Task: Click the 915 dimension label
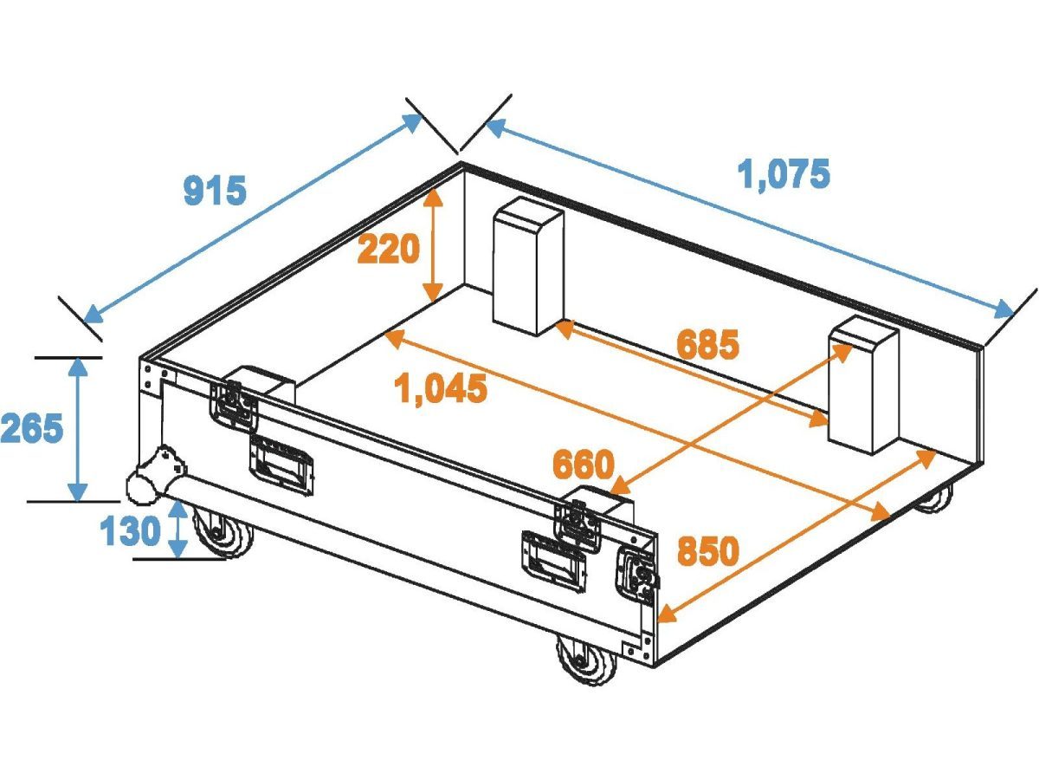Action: click(215, 190)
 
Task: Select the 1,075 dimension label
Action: click(784, 174)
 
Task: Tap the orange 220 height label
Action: click(389, 250)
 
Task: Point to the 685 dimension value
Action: click(708, 345)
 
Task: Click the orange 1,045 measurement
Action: click(441, 388)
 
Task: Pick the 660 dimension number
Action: click(583, 465)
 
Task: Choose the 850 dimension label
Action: click(707, 551)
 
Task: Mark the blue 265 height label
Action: click(31, 428)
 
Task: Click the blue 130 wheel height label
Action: click(131, 530)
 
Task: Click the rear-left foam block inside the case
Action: click(528, 266)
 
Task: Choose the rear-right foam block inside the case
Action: click(862, 385)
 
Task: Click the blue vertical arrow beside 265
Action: click(79, 428)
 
